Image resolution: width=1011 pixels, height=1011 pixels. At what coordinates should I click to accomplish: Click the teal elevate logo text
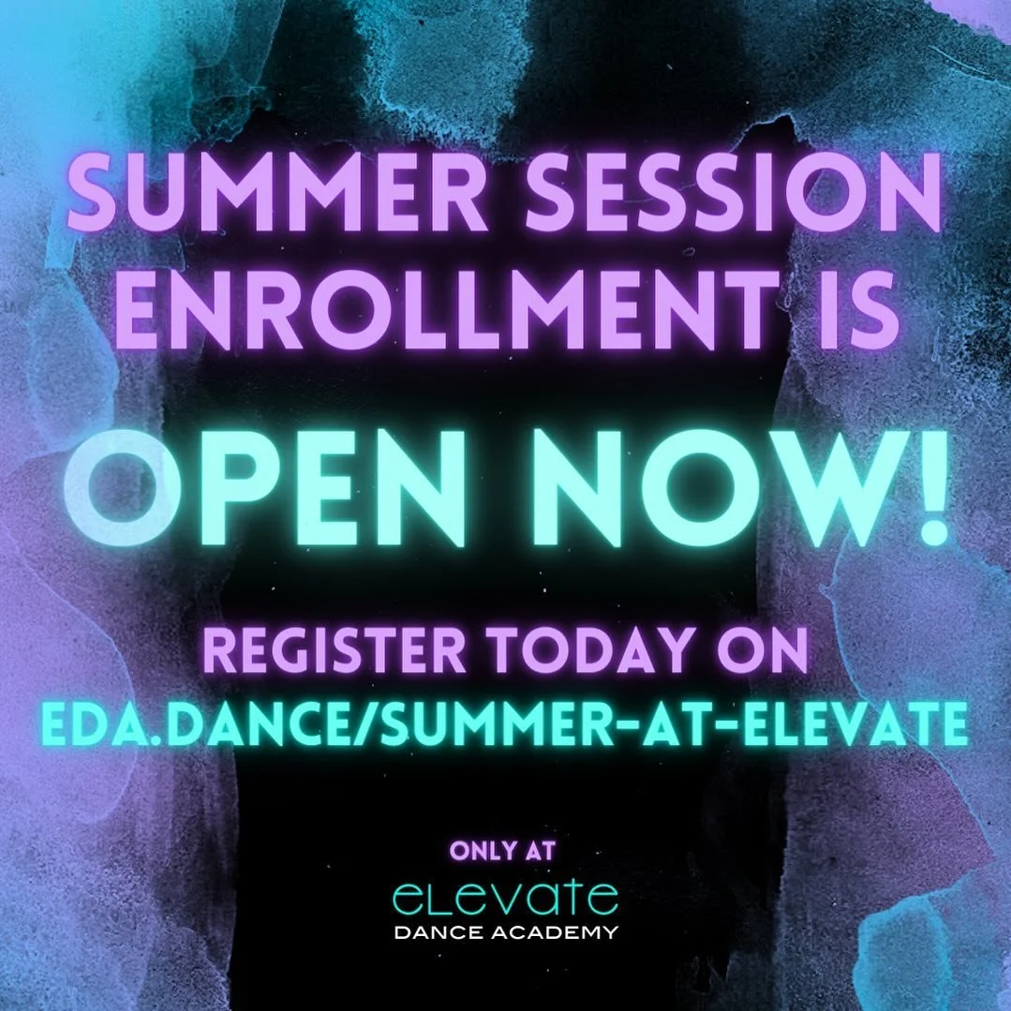pos(505,896)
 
